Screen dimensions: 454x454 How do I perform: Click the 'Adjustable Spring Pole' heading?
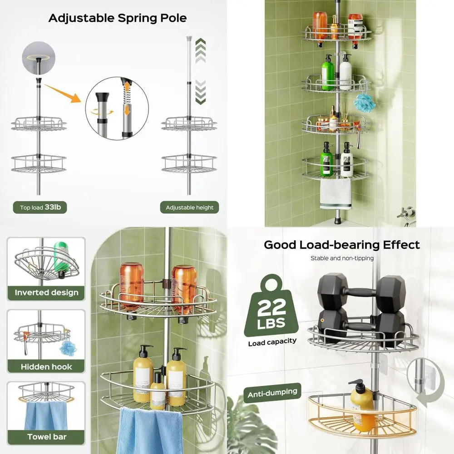click(x=118, y=18)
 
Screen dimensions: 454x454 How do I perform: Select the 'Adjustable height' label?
click(x=189, y=207)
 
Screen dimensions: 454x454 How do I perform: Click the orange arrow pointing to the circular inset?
click(x=64, y=94)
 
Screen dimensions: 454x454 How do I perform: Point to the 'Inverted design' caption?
click(x=46, y=292)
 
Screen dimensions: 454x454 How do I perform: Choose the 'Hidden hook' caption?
click(x=46, y=366)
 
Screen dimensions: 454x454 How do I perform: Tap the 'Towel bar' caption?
click(x=46, y=437)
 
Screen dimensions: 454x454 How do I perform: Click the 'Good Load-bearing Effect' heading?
click(x=342, y=245)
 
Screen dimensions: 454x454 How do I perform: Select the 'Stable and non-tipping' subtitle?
click(x=342, y=258)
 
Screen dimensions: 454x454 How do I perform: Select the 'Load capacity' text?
click(x=272, y=341)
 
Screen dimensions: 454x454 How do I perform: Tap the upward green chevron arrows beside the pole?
click(x=200, y=50)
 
